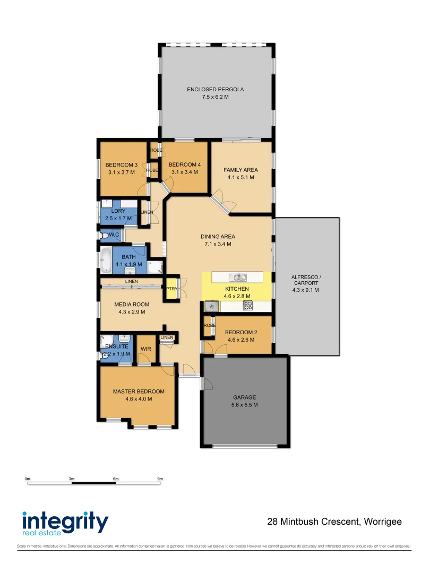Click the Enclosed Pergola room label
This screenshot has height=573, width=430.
[215, 90]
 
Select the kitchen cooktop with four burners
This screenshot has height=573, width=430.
[247, 306]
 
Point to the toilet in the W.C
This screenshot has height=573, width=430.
[105, 235]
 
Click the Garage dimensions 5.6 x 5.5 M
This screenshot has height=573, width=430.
[245, 405]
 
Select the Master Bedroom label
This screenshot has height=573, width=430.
[139, 392]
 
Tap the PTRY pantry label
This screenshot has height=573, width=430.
[171, 289]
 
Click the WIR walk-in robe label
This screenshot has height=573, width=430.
[146, 349]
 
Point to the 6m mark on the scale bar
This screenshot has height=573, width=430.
[116, 479]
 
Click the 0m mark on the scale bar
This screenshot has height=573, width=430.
[28, 479]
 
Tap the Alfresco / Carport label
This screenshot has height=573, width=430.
[306, 281]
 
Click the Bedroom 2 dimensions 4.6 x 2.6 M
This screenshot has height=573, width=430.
[240, 340]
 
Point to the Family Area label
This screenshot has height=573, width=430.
[240, 170]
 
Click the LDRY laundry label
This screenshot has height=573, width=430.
[118, 211]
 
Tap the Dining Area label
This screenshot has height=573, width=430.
[218, 237]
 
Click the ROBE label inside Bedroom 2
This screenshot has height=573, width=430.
[209, 325]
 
